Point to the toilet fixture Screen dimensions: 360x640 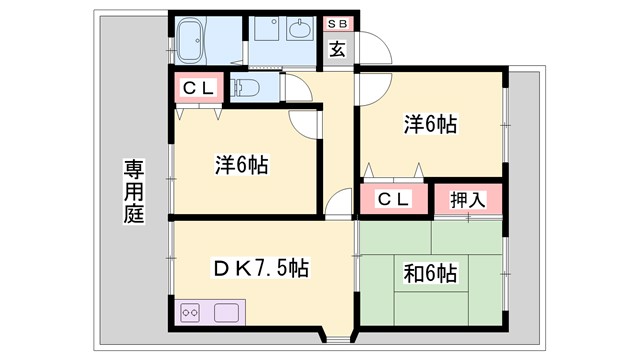pyautogui.click(x=248, y=88)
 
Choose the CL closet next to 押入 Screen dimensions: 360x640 pyautogui.click(x=392, y=199)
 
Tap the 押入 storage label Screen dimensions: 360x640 pyautogui.click(x=468, y=199)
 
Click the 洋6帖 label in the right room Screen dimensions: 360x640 pyautogui.click(x=431, y=125)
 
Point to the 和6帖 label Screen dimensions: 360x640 pyautogui.click(x=431, y=272)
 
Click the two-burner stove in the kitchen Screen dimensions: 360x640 pyautogui.click(x=192, y=312)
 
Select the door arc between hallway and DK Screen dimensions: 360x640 pyautogui.click(x=340, y=202)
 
